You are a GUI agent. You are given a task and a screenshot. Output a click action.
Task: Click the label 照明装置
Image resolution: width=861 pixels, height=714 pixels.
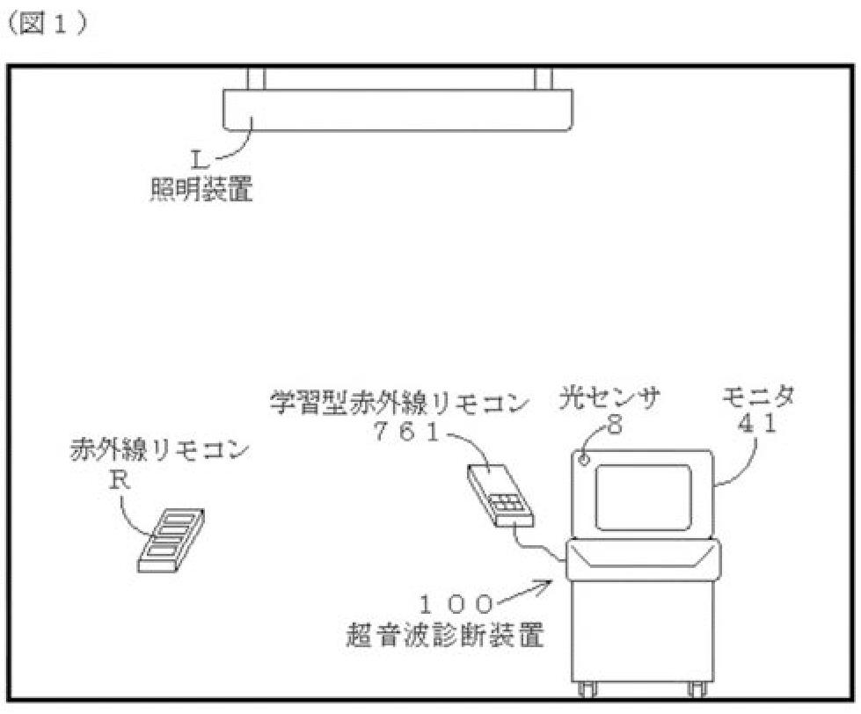(x=201, y=187)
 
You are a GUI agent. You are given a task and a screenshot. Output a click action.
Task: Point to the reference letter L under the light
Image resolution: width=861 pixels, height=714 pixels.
(x=198, y=159)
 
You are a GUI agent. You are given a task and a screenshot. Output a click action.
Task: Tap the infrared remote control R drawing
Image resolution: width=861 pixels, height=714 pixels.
(x=172, y=540)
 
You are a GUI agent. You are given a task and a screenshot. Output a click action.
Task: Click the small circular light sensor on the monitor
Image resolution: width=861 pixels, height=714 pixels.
(x=583, y=460)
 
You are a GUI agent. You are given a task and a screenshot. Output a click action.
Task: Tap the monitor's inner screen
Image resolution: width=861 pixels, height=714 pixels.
(x=643, y=497)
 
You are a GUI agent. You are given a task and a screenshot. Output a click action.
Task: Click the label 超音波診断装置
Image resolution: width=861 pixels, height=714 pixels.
(x=444, y=635)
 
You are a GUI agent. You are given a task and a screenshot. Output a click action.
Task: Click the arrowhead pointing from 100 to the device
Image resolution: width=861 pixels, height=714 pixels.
(x=553, y=580)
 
